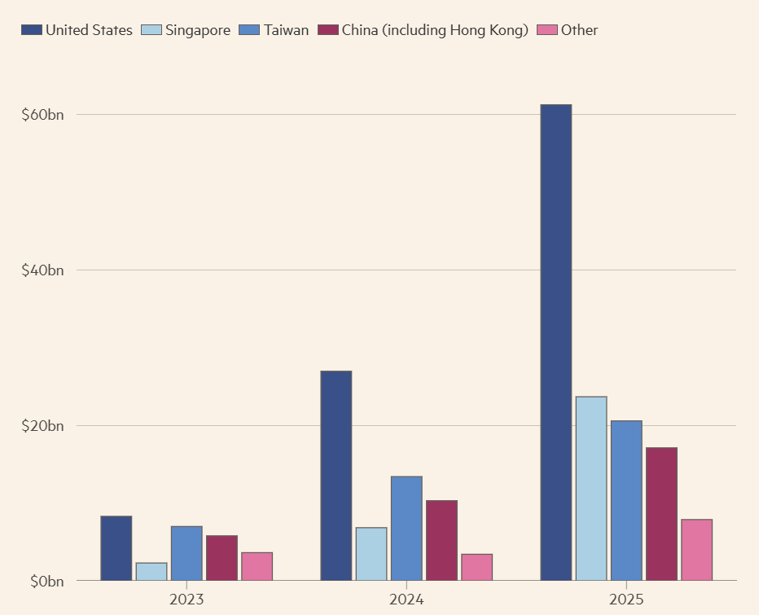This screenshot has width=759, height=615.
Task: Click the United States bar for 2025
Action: (555, 342)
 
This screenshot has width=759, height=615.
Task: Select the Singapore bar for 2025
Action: (590, 489)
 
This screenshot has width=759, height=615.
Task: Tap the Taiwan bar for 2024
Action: (406, 529)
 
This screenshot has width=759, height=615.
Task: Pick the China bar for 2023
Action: (222, 558)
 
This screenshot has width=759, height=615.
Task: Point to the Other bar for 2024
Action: (476, 568)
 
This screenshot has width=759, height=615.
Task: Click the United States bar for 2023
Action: (116, 548)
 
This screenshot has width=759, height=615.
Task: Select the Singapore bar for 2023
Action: (151, 572)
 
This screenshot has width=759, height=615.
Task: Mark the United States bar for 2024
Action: (336, 476)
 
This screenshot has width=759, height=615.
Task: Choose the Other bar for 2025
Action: (696, 550)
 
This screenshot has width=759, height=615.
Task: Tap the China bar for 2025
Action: (661, 514)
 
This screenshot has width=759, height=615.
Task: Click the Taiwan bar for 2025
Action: (626, 501)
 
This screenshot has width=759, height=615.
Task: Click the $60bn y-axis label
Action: (42, 115)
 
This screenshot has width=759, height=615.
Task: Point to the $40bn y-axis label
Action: (42, 270)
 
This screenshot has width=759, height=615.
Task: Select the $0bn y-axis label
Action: (46, 582)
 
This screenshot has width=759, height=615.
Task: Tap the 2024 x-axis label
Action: (406, 600)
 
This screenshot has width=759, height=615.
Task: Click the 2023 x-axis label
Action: (186, 600)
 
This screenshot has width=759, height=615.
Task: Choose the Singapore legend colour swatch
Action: (151, 30)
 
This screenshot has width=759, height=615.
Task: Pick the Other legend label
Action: (579, 30)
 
